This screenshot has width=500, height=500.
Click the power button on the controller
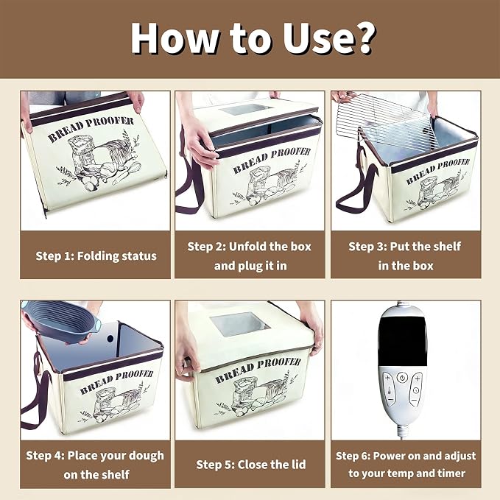(x=402, y=378)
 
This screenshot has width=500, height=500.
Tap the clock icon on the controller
(x=416, y=390)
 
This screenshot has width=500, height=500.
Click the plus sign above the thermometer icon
(x=388, y=378)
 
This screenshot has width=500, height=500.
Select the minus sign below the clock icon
(x=414, y=401)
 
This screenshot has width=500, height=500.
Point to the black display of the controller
(x=402, y=341)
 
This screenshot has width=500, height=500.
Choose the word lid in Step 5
(x=297, y=464)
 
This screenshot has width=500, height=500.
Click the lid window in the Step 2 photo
(x=245, y=110)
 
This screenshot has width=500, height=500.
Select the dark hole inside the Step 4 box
(x=110, y=339)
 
